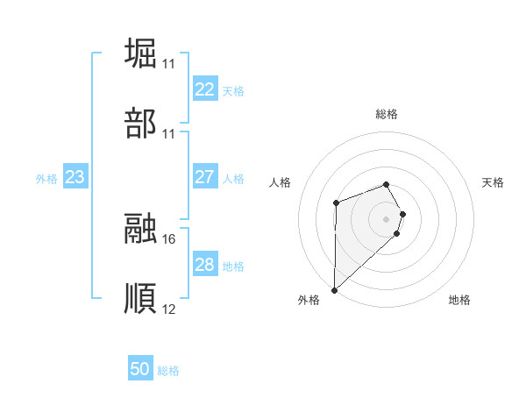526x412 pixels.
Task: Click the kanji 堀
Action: [140, 52]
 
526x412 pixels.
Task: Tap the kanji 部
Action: [140, 124]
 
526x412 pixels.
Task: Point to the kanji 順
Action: [140, 299]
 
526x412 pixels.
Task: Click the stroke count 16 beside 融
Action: [169, 238]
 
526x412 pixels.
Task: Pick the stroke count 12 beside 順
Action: [169, 309]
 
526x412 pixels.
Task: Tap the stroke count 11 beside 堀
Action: [169, 63]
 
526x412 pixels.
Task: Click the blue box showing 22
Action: [204, 89]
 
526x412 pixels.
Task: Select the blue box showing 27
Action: [204, 177]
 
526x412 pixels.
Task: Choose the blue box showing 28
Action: [204, 265]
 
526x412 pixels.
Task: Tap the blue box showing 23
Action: [75, 177]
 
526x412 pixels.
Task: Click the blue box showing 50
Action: [140, 369]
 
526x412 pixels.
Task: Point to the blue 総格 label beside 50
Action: [168, 371]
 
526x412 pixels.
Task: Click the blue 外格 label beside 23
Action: [46, 179]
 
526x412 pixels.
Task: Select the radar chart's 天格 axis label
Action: [494, 182]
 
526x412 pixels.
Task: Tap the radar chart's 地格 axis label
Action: [459, 300]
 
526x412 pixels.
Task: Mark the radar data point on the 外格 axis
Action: [334, 289]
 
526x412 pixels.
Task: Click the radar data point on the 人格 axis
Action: [336, 203]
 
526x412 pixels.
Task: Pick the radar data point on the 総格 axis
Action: [386, 184]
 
